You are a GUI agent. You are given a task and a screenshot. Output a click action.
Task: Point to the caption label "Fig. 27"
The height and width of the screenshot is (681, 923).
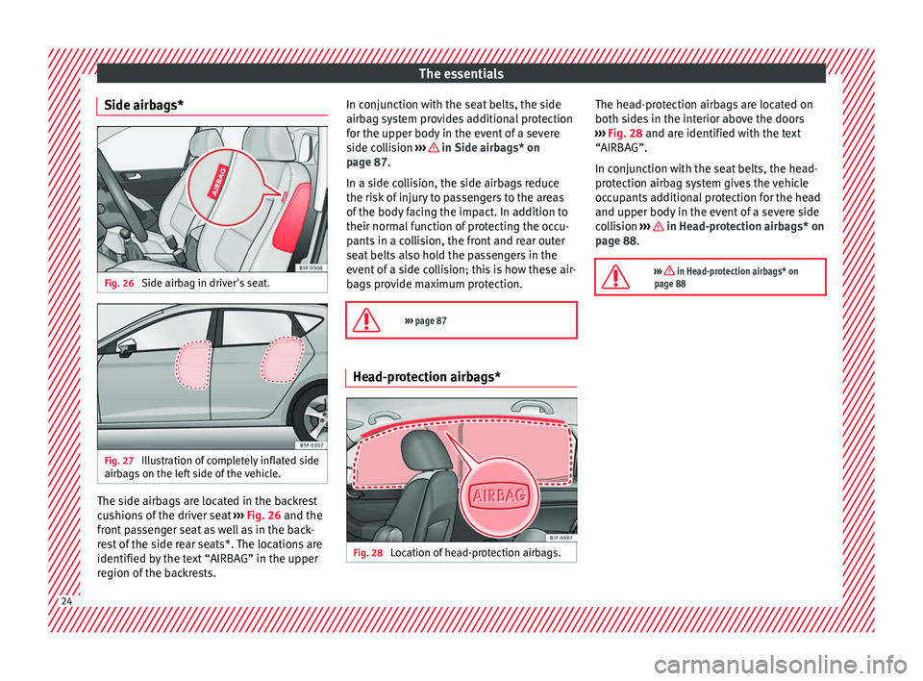[x=120, y=461]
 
